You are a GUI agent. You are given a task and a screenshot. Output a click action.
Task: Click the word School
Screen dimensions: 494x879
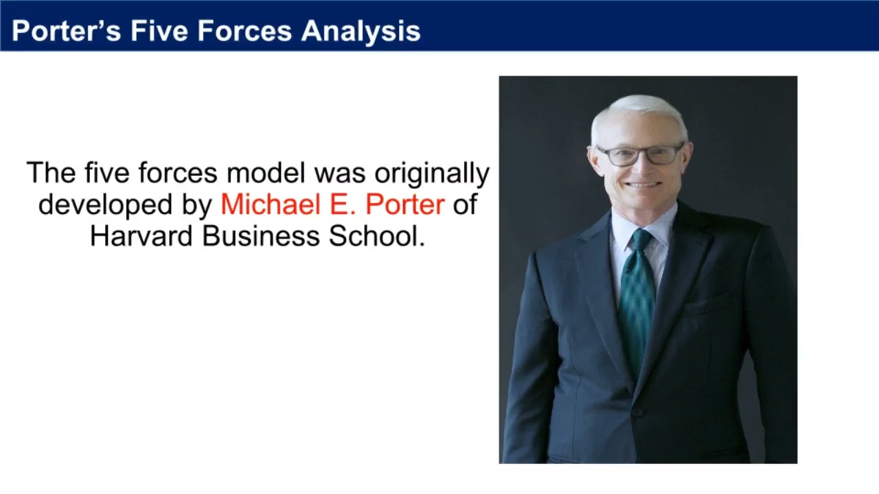click(376, 236)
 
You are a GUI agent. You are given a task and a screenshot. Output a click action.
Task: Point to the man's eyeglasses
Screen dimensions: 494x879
click(639, 154)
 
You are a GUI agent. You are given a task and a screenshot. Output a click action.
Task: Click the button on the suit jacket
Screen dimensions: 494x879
click(637, 412)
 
